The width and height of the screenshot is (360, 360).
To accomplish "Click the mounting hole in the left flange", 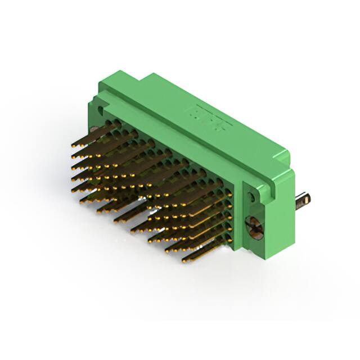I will tap(101, 105).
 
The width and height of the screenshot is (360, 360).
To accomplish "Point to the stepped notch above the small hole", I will tap(247, 183).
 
